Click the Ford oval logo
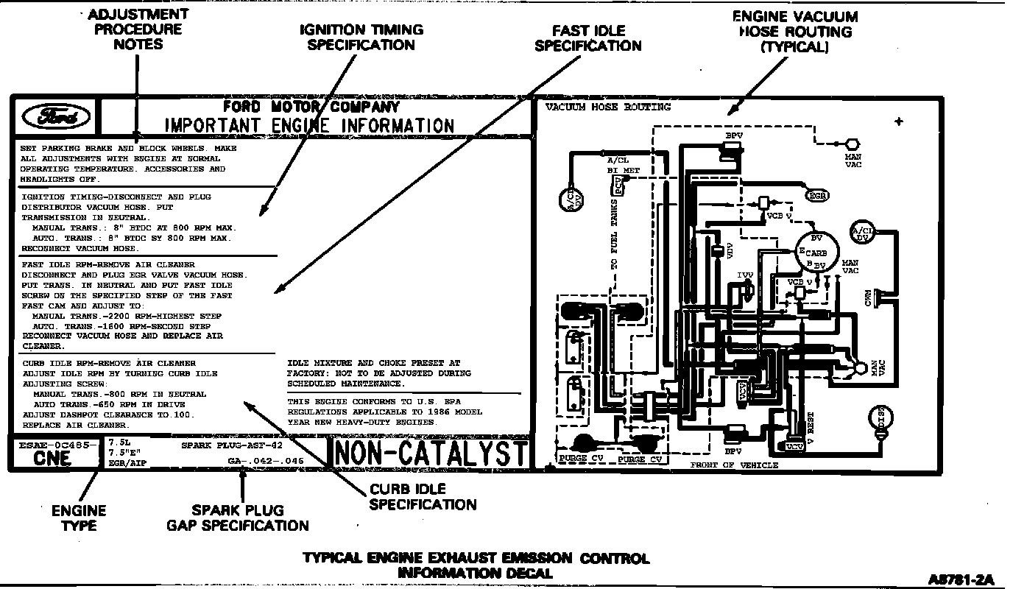(56, 117)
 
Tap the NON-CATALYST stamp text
(431, 454)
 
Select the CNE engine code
(53, 459)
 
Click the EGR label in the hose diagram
(817, 196)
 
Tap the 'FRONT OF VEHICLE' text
(734, 465)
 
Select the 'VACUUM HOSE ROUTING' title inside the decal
(608, 107)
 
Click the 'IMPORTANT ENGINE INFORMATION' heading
(309, 125)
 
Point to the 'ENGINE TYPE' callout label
(79, 518)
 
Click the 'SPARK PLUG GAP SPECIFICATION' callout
(238, 518)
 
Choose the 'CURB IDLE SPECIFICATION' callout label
(423, 497)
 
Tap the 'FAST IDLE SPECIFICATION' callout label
(588, 38)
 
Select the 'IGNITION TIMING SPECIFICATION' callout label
(361, 38)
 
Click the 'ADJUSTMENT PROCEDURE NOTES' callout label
(138, 29)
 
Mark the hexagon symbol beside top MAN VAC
(853, 144)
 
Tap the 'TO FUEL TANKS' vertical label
(614, 233)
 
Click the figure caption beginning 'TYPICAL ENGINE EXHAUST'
(476, 565)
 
